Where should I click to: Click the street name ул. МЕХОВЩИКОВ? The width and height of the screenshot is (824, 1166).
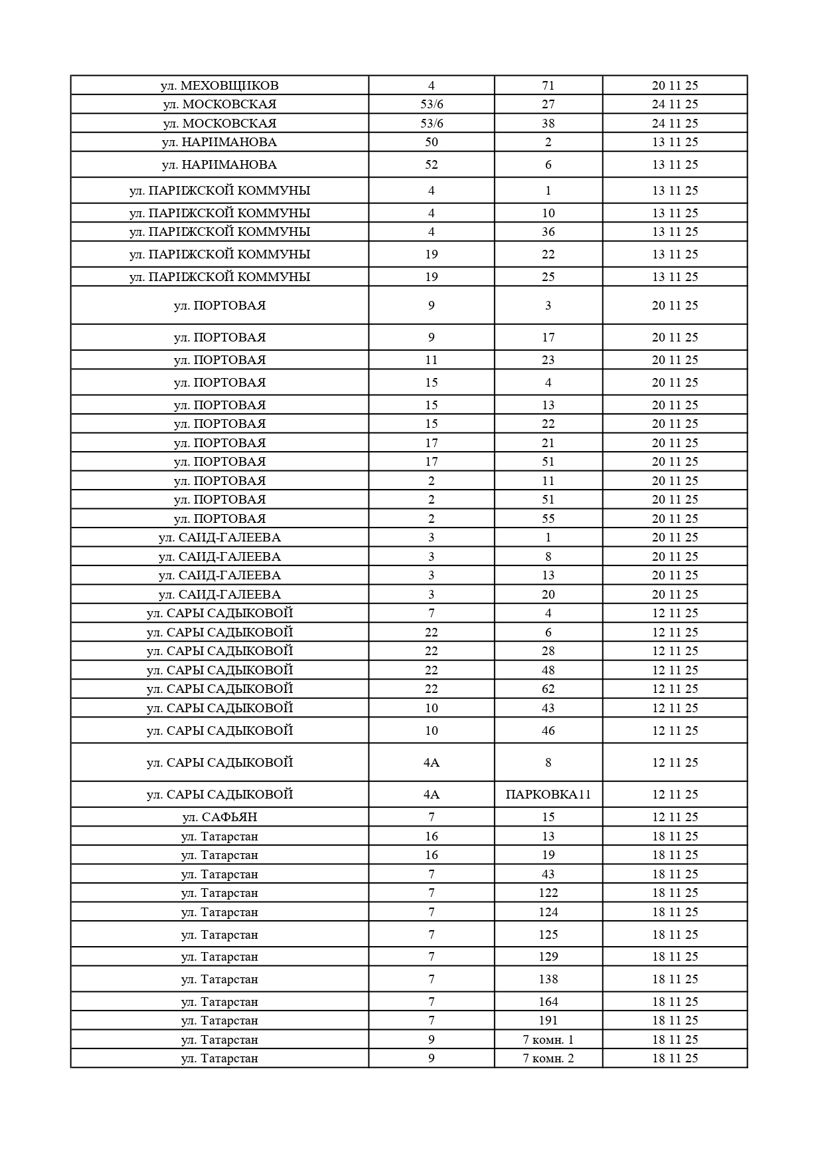coord(219,86)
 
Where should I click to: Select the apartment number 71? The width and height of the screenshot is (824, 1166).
coord(548,86)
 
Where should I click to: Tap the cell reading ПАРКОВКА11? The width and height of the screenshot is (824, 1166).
coord(548,795)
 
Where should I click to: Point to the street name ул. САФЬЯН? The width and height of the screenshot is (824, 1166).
coord(219,817)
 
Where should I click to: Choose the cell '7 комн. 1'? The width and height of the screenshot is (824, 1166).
coord(548,1040)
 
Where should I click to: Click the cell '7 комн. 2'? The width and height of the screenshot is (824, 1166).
coord(548,1058)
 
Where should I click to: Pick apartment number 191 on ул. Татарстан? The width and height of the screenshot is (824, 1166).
coord(548,1020)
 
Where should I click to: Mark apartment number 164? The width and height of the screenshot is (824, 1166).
coord(548,1002)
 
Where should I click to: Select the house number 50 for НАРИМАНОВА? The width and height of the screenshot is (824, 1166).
coord(431,142)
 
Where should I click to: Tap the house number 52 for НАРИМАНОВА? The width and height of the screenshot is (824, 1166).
coord(431,165)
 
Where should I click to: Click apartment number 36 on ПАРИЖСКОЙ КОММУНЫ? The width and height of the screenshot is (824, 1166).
coord(548,232)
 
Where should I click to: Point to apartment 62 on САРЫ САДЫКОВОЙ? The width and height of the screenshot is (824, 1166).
coord(548,689)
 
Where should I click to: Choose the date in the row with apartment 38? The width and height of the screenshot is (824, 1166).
coord(675,124)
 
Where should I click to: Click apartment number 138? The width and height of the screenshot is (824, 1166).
coord(548,979)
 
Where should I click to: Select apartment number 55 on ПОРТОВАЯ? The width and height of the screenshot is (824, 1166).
coord(548,519)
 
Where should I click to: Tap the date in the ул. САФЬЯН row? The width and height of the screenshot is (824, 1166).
coord(675,817)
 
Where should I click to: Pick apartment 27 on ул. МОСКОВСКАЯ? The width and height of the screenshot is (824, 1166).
coord(548,104)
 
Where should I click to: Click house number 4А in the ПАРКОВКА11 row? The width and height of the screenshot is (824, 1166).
coord(431,795)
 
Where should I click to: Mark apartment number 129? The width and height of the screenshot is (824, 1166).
coord(548,957)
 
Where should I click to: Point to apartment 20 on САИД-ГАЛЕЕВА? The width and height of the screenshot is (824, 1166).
coord(548,595)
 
